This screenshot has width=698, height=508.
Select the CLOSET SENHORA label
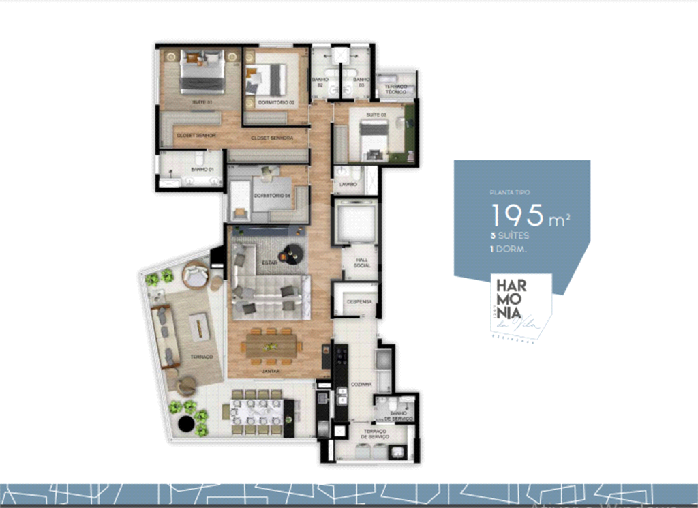click(271, 138)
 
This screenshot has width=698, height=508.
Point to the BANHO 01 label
click(199, 169)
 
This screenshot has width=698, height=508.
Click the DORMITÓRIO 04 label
click(268, 196)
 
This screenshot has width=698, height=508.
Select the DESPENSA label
click(358, 301)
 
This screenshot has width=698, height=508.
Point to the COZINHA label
click(361, 385)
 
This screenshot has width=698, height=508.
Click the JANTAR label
click(271, 371)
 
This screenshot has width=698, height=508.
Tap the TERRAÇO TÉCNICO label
click(396, 89)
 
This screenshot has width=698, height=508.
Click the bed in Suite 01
click(202, 72)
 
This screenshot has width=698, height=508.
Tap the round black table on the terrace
click(185, 424)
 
